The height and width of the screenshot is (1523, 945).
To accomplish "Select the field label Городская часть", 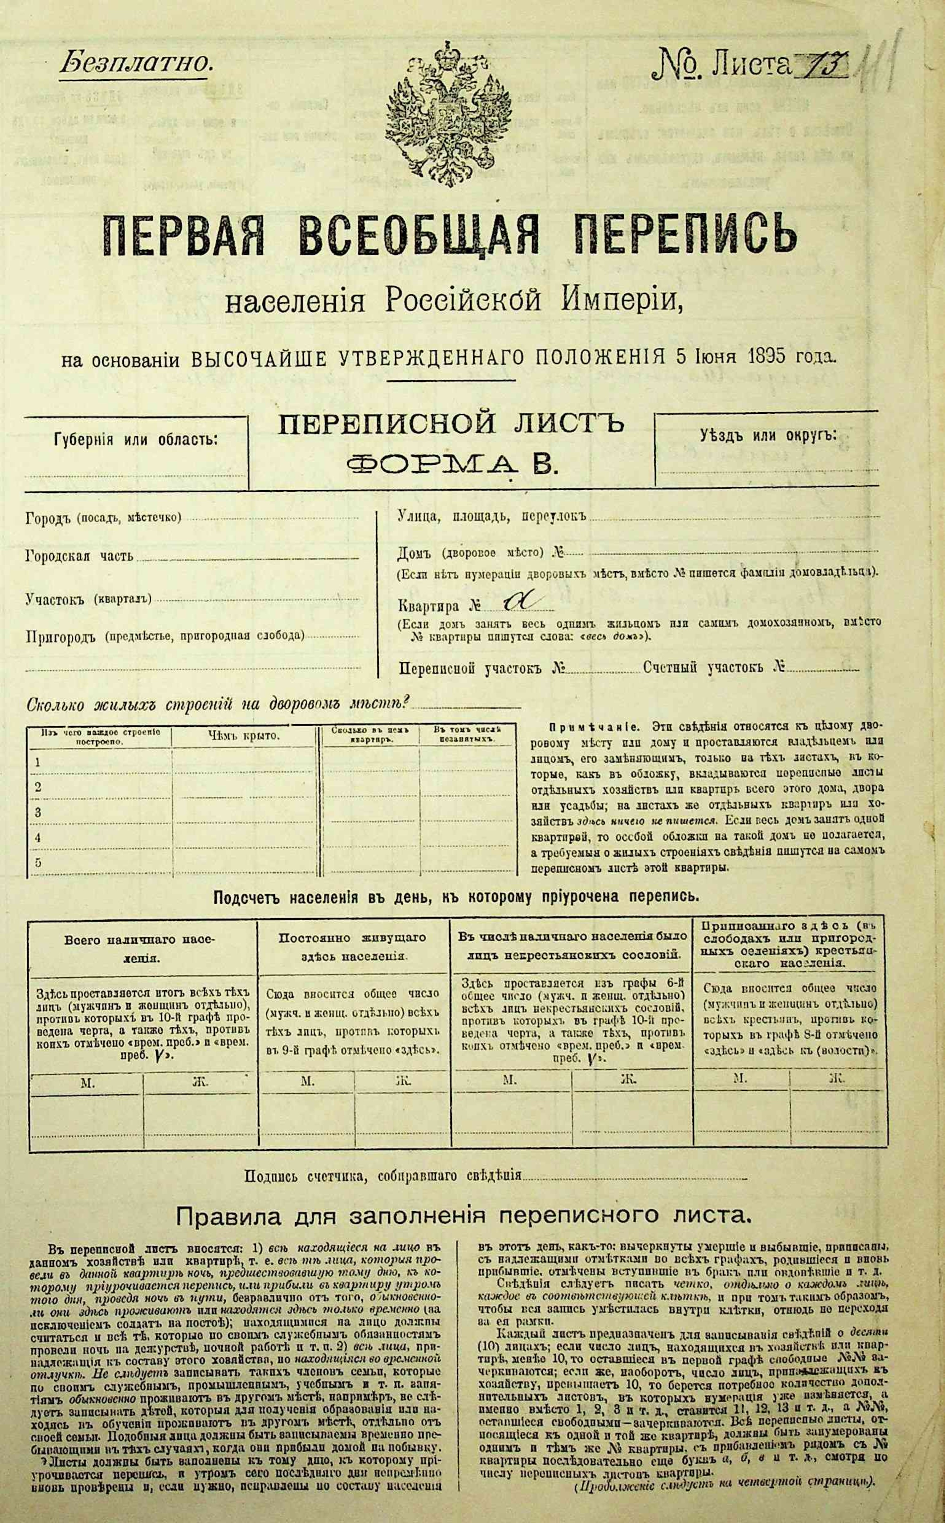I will pyautogui.click(x=79, y=556).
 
